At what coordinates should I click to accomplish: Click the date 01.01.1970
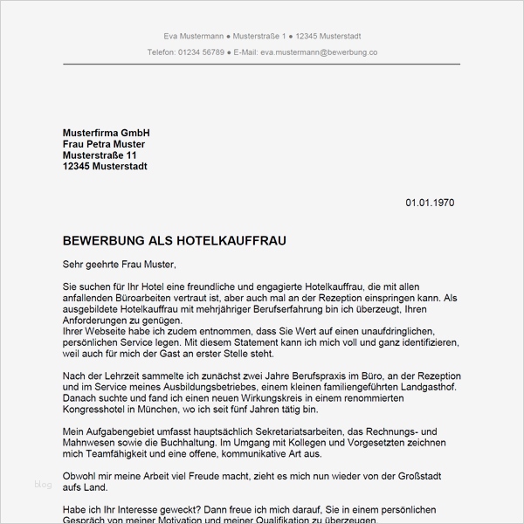pos(430,203)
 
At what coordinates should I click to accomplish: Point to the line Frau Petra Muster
pos(104,143)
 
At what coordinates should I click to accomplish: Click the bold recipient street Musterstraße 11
pos(100,155)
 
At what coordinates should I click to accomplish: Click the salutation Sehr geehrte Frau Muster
pos(120,263)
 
